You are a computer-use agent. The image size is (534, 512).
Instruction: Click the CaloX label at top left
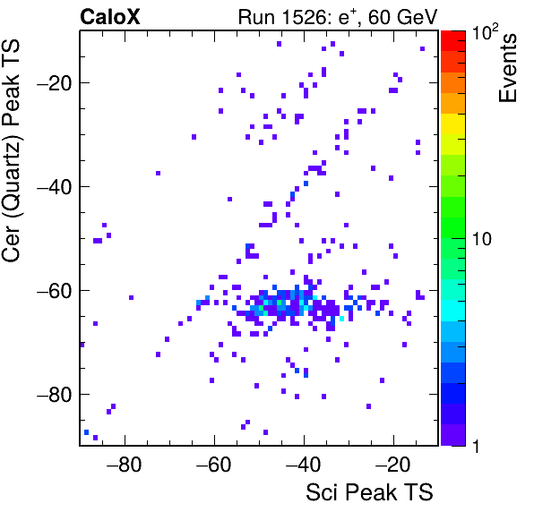point(109,17)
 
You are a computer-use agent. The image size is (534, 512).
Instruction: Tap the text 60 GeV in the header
point(402,17)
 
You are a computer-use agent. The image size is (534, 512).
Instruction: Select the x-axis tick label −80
point(124,464)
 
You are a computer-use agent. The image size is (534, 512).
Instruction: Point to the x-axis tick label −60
point(213,464)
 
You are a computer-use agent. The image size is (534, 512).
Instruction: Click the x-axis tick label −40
point(303,464)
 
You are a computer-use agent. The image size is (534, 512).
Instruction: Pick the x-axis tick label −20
point(392,464)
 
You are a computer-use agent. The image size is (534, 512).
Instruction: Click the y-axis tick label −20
point(54,82)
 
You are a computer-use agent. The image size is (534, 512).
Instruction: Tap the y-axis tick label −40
point(54,187)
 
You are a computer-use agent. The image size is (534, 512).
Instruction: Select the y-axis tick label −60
point(54,291)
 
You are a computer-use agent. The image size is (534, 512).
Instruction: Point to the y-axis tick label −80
point(54,395)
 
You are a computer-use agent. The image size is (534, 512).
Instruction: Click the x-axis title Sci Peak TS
point(369,492)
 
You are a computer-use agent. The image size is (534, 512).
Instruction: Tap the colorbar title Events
point(507,68)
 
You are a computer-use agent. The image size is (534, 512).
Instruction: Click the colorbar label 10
point(481,239)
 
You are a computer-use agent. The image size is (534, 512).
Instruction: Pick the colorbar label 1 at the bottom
point(476,446)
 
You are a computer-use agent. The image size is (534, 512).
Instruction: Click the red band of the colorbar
point(453,41)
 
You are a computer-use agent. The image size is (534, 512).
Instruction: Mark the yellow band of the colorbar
point(453,124)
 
